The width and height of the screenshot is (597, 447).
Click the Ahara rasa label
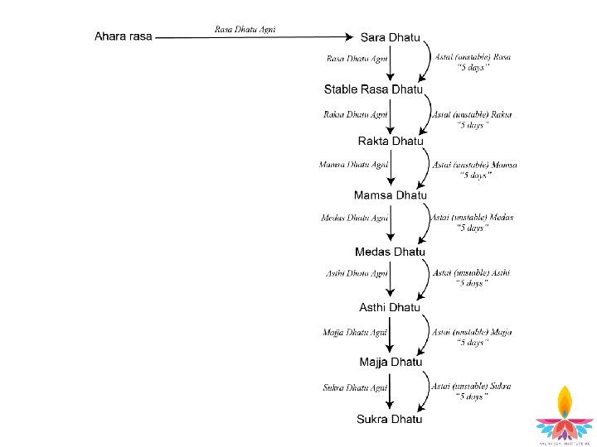pyautogui.click(x=124, y=36)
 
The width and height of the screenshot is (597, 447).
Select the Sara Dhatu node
pyautogui.click(x=390, y=37)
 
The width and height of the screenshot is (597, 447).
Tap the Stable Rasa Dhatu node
pyautogui.click(x=373, y=89)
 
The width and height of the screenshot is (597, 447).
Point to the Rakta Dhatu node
pyautogui.click(x=390, y=141)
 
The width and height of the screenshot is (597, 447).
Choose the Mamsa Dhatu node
pyautogui.click(x=390, y=195)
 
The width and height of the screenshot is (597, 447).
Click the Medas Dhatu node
pyautogui.click(x=390, y=252)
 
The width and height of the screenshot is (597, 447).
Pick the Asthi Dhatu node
pyautogui.click(x=390, y=307)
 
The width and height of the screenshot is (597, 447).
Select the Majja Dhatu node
pyautogui.click(x=390, y=363)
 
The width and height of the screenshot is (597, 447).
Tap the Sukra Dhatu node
pyautogui.click(x=390, y=419)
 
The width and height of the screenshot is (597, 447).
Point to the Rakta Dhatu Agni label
pyautogui.click(x=355, y=114)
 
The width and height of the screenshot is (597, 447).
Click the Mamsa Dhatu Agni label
pyautogui.click(x=353, y=165)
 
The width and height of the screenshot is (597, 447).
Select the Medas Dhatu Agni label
pyautogui.click(x=354, y=218)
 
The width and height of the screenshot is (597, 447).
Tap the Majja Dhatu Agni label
pyautogui.click(x=355, y=332)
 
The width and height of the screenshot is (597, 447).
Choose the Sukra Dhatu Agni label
pyautogui.click(x=355, y=387)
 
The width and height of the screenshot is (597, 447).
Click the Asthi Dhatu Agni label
pyautogui.click(x=357, y=273)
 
